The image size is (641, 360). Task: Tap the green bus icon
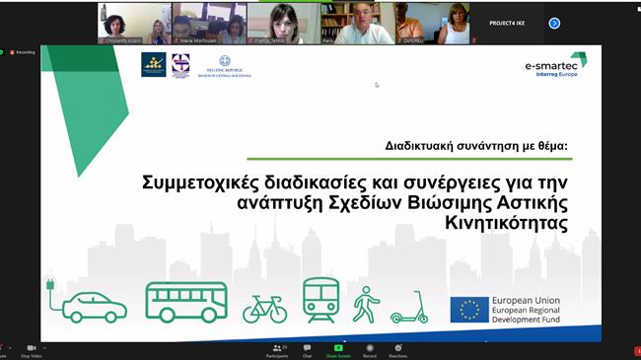pos(186,302)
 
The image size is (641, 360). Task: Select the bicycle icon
pos(264,308)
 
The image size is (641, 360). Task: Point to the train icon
pos(320,300)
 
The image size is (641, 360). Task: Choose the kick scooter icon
pos(408,308)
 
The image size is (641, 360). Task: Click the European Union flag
pos(469,310)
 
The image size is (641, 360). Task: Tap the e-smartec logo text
pos(557,65)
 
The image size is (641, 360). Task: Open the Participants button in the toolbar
pos(277,349)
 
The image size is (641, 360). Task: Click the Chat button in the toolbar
pos(307,349)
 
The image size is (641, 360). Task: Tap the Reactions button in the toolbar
pos(399,349)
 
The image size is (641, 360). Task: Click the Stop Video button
pos(32,349)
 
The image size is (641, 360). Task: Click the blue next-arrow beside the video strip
pos(554,23)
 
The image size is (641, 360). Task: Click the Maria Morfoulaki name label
pos(196,40)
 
